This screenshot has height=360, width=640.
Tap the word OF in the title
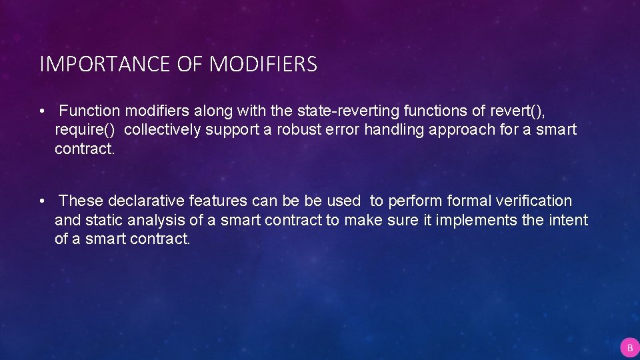(192, 65)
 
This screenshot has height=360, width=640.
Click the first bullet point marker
(42, 111)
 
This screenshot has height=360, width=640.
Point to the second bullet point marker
(42, 201)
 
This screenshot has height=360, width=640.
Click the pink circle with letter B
(629, 347)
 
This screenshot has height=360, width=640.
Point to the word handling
(394, 130)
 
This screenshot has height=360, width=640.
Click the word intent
(569, 220)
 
